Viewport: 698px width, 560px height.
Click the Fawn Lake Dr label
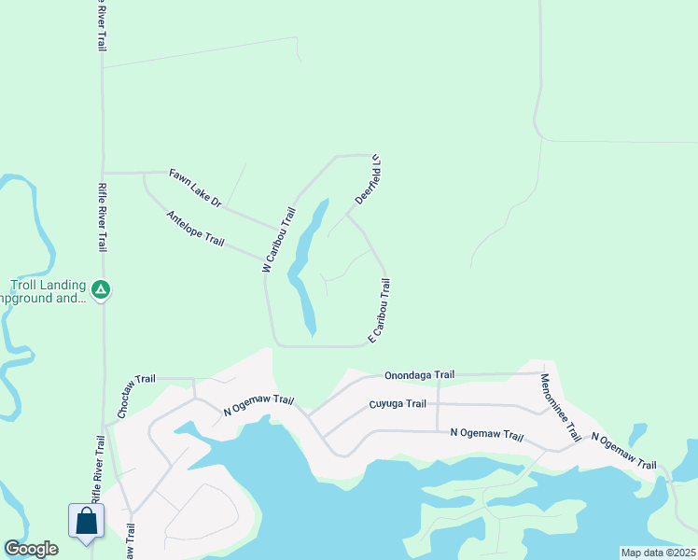coord(195,188)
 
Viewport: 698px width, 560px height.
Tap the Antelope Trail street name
coord(195,229)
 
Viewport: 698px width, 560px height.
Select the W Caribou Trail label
coord(278,240)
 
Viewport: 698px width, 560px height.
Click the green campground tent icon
coord(102,291)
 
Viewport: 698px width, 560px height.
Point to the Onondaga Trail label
coord(419,375)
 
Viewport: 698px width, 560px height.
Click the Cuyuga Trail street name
coord(398,404)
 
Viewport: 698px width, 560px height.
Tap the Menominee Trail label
coord(560,408)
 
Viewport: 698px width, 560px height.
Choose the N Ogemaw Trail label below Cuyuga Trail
coord(486,434)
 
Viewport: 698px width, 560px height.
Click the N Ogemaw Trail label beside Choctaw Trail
coord(258,406)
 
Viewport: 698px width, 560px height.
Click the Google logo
coord(31,549)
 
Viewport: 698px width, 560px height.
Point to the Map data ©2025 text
coord(658,553)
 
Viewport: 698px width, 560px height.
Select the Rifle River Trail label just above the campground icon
coord(102,217)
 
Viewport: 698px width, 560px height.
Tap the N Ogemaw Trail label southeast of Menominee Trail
coord(623,453)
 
